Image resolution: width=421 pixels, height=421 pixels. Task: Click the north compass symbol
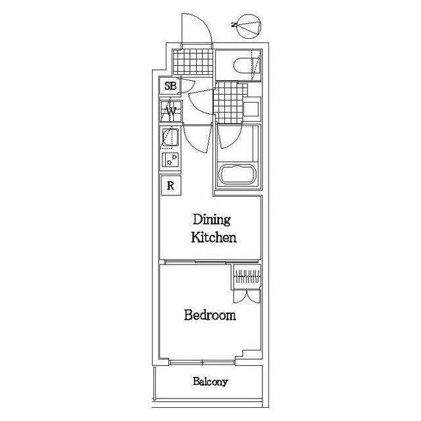tap(249, 26)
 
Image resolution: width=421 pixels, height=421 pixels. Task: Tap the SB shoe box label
tap(170, 86)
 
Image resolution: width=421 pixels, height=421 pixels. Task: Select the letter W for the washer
tap(171, 111)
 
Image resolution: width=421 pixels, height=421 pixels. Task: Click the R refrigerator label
tap(170, 186)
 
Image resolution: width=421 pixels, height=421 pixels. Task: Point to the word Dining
tap(212, 220)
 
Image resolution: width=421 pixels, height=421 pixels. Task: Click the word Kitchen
tap(214, 237)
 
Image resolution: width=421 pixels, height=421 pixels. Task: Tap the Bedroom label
tap(210, 315)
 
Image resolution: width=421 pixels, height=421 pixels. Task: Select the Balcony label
tap(210, 382)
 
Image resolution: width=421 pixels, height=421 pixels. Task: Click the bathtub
tap(237, 174)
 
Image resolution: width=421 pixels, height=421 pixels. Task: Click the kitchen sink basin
tap(170, 137)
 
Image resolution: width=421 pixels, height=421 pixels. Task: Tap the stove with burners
tap(170, 160)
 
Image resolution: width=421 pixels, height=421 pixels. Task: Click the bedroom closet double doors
tap(247, 297)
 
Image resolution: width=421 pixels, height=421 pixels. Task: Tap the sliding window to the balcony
tap(203, 363)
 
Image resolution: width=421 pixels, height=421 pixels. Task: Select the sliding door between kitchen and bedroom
tap(212, 262)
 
